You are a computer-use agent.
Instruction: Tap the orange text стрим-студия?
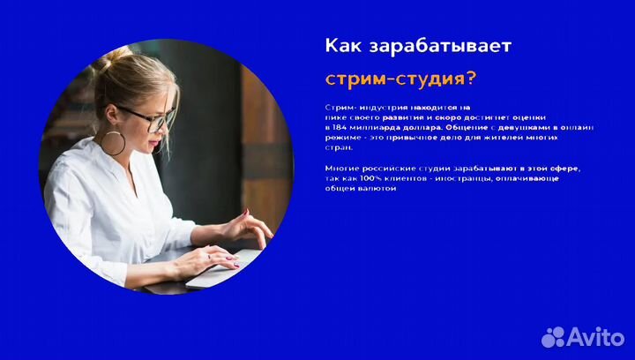[400, 78]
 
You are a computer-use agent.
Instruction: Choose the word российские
[378, 167]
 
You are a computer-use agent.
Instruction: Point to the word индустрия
[379, 107]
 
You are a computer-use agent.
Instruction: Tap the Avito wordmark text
[596, 335]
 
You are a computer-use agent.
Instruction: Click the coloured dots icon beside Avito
[553, 336]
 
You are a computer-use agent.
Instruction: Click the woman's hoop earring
[114, 142]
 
